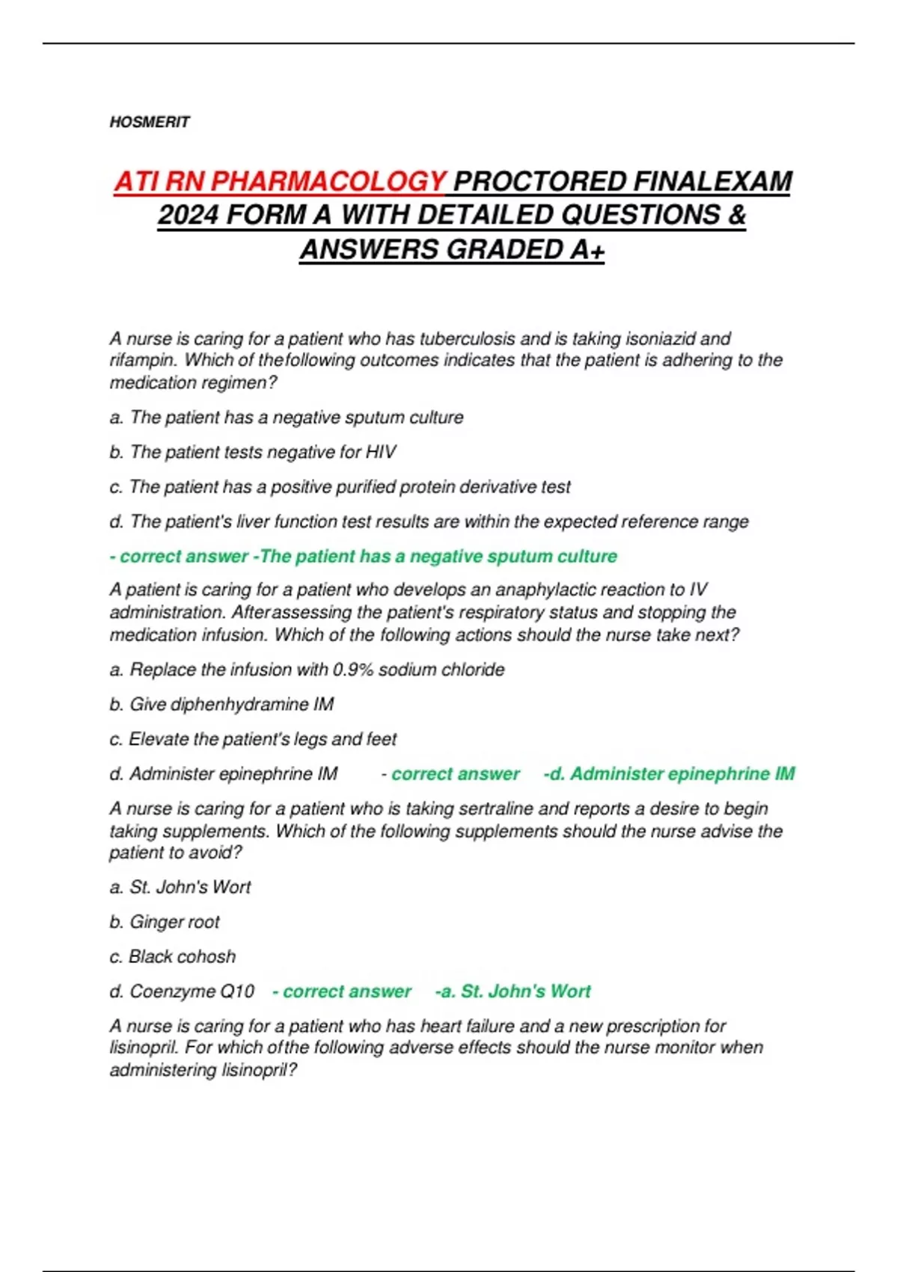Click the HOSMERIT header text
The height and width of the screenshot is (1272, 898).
(150, 122)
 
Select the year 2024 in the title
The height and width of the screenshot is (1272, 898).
(187, 215)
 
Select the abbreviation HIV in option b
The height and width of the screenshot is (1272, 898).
(381, 452)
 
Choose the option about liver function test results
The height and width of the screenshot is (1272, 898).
(429, 522)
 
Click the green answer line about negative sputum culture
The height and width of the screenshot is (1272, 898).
(364, 557)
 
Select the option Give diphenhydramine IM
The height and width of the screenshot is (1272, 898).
(222, 704)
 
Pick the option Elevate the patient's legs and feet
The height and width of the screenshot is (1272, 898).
(253, 739)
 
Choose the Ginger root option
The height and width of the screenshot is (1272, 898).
(165, 922)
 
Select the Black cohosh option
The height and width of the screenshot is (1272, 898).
(173, 956)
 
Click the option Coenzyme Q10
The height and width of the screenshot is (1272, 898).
(182, 991)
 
